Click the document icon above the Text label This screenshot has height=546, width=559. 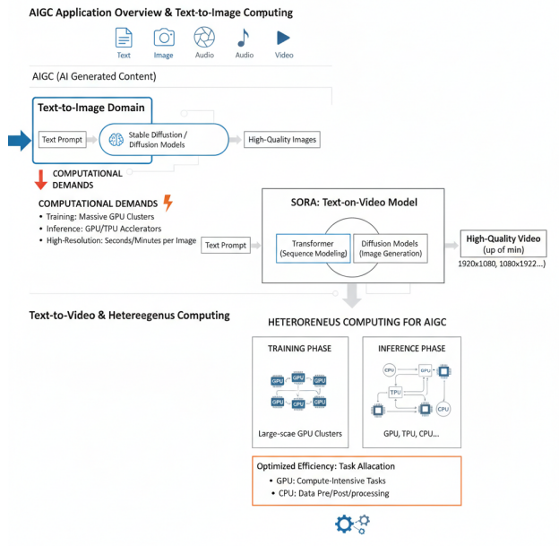pos(124,38)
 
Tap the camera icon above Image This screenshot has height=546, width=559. pos(164,38)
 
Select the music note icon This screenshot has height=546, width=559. pos(243,38)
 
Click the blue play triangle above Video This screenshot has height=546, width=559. pos(283,38)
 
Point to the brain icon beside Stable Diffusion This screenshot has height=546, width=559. pos(116,140)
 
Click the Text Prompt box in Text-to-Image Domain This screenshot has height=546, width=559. pos(61,140)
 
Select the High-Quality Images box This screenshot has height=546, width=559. pos(282,140)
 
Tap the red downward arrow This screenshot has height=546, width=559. pos(39,178)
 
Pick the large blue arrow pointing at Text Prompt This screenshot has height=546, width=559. pos(19,140)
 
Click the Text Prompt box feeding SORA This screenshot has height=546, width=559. pos(225,245)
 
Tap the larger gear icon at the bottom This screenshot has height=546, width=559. pos(345,524)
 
